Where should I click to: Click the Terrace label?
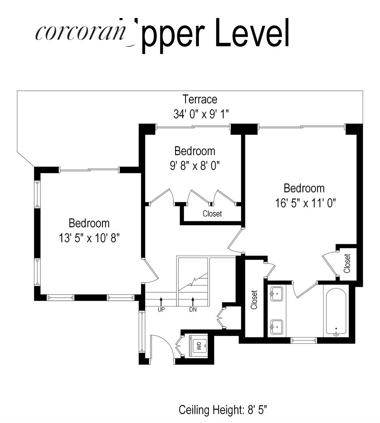pyautogui.click(x=200, y=99)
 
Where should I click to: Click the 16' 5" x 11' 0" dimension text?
pyautogui.click(x=306, y=203)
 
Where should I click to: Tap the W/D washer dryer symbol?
pyautogui.click(x=199, y=345)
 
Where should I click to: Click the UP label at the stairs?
pyautogui.click(x=161, y=309)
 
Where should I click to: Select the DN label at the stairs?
pyautogui.click(x=193, y=309)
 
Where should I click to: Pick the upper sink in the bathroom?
pyautogui.click(x=276, y=295)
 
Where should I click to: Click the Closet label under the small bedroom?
pyautogui.click(x=212, y=214)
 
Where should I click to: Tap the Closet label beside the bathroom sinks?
pyautogui.click(x=254, y=300)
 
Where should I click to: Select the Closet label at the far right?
pyautogui.click(x=347, y=263)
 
